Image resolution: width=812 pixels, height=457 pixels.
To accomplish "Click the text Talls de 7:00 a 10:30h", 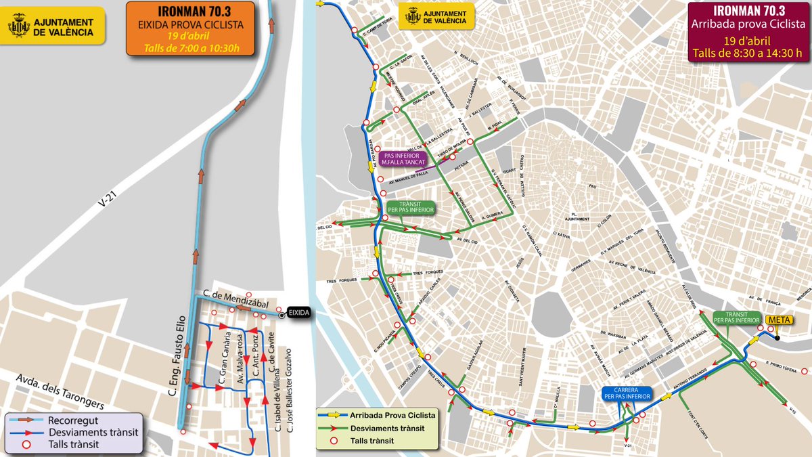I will pos(191,49).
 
